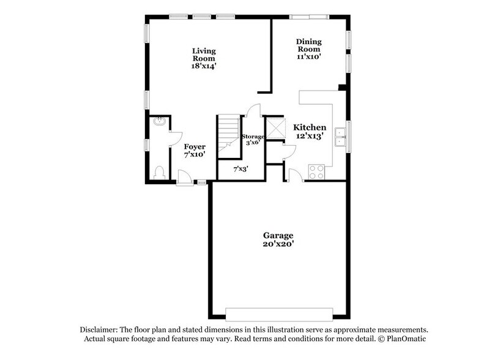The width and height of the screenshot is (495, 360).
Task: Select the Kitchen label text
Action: [309, 127]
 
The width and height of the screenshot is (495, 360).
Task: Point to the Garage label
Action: [278, 235]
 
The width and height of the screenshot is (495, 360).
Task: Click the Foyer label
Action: [195, 147]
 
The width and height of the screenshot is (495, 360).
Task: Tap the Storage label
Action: [253, 136]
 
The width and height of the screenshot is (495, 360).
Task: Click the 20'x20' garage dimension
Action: [278, 244]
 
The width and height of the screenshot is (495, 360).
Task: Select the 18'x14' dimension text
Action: [204, 66]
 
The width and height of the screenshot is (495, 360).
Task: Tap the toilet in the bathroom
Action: [158, 172]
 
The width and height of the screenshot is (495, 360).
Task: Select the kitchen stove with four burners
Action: [316, 171]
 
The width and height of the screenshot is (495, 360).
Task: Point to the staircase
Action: [228, 132]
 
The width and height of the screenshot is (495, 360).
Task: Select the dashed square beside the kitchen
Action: [276, 128]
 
